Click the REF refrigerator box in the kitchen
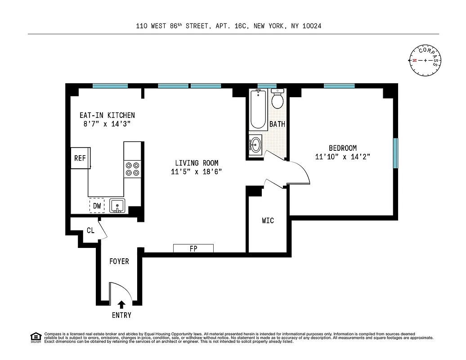click(81, 158)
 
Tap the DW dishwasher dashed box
click(97, 206)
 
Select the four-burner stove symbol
click(132, 169)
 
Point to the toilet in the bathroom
click(278, 99)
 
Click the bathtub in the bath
click(258, 109)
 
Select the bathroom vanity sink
click(256, 145)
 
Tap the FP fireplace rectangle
click(193, 248)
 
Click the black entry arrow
click(121, 305)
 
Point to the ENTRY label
click(121, 315)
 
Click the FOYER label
click(119, 261)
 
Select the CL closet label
click(90, 230)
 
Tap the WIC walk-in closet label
click(268, 220)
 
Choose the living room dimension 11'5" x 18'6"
click(197, 171)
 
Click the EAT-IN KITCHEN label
click(107, 115)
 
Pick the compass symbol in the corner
click(425, 60)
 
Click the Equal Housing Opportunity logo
click(36, 337)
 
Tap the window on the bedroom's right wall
click(395, 153)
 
